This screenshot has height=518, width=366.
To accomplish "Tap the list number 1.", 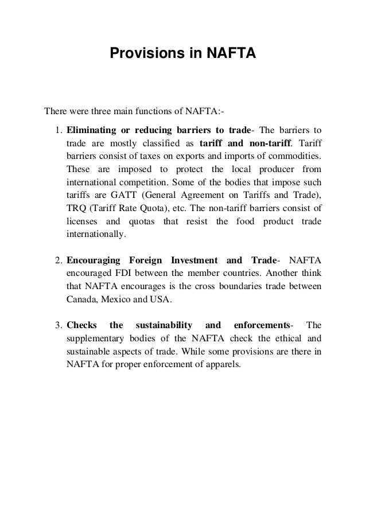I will tap(58, 127).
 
